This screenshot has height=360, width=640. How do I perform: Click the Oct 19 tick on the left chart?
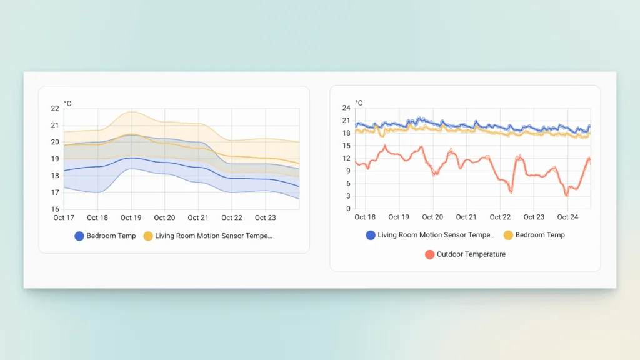131,218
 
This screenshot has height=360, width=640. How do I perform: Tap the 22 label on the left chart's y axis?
55,109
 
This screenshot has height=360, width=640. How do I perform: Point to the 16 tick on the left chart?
55,209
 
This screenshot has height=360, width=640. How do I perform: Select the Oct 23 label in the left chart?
266,218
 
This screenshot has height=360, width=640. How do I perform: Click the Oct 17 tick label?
64,218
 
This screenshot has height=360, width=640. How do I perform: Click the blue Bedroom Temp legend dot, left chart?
79,236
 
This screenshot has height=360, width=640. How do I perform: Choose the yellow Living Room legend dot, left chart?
148,236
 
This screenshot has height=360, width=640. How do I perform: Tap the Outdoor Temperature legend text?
471,254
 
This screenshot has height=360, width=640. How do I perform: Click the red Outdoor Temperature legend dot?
429,254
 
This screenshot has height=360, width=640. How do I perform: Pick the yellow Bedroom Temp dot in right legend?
508,235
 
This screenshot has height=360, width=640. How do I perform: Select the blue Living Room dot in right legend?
371,235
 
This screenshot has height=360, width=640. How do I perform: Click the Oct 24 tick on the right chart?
567,217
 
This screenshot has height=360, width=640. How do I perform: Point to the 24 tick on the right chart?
346,108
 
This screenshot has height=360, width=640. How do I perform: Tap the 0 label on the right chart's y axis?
348,209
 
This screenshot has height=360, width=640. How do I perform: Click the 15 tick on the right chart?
346,146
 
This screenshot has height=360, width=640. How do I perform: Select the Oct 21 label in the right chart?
466,217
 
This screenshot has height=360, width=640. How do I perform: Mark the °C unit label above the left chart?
67,103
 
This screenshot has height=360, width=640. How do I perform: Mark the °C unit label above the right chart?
359,102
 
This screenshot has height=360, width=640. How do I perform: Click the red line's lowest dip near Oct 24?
567,195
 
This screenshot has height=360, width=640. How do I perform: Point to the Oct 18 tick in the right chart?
365,217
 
